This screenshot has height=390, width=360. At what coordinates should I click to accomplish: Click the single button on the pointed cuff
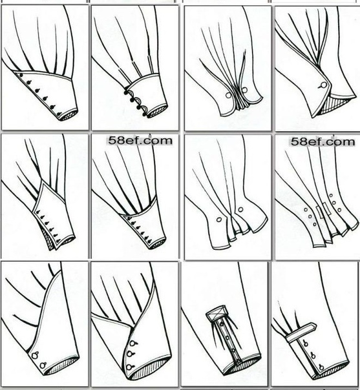[323, 85]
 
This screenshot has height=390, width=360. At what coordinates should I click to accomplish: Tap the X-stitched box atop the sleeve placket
[216, 313]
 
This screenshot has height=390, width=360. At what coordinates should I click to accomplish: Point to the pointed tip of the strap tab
[315, 325]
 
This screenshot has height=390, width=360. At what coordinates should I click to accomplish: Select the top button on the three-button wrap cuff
[133, 344]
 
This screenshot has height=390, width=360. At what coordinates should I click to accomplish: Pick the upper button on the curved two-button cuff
[36, 354]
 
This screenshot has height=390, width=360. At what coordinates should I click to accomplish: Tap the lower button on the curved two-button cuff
[43, 365]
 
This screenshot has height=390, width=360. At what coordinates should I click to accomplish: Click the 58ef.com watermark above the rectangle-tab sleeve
[323, 142]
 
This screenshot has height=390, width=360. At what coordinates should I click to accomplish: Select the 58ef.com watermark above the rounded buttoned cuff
[140, 141]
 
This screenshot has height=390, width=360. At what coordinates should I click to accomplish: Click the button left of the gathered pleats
[228, 95]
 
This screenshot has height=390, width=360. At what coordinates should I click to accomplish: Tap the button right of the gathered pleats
[244, 90]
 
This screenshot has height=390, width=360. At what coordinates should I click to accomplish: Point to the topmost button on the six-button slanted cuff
[21, 76]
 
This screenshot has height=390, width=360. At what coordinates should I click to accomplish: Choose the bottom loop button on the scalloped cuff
[144, 114]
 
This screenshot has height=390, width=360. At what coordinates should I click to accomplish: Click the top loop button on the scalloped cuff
[126, 93]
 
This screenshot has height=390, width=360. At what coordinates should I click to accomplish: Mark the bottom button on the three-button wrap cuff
[130, 367]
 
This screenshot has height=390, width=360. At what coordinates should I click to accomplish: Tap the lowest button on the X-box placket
[238, 362]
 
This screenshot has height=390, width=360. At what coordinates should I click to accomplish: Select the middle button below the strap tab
[313, 356]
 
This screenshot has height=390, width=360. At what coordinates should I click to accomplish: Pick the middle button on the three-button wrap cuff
[130, 354]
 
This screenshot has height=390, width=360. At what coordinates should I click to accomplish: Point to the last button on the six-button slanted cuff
[59, 114]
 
